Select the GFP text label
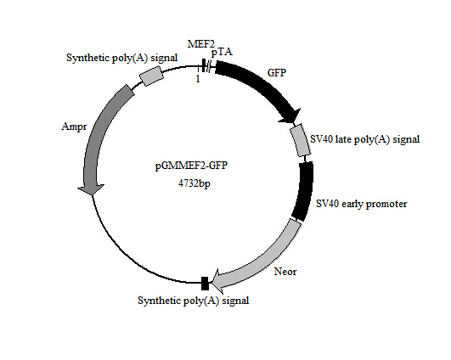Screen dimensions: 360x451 (x=278, y=73)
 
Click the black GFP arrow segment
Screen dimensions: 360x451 (x=255, y=82)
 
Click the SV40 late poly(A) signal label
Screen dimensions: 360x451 (x=365, y=138)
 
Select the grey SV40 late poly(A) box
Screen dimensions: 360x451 (x=301, y=141)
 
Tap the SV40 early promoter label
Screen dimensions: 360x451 (x=362, y=204)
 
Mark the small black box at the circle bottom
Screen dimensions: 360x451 (x=204, y=283)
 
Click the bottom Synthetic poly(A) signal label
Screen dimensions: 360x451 (x=194, y=300)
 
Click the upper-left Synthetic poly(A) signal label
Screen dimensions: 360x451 (x=122, y=58)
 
